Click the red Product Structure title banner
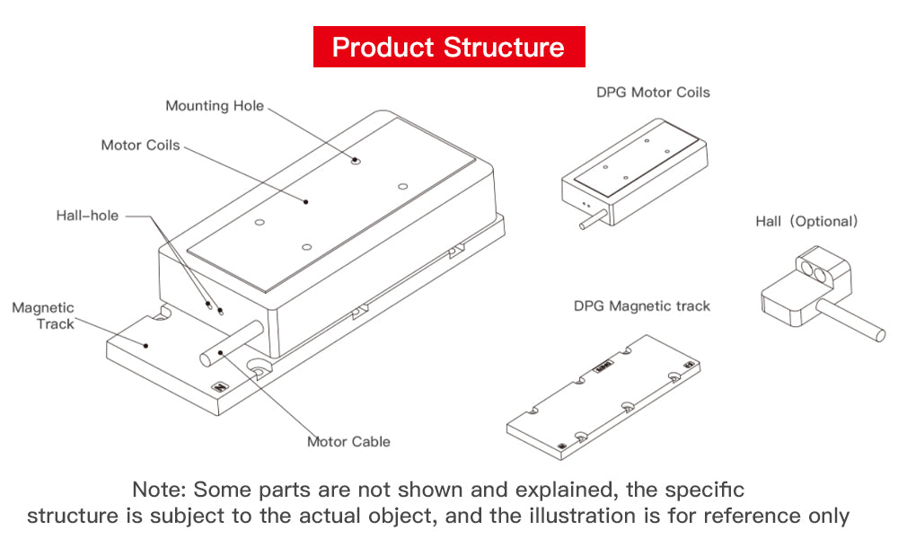(448, 47)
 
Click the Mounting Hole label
(215, 106)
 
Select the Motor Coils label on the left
(140, 145)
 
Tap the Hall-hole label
(87, 216)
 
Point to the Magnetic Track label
(43, 315)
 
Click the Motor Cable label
(348, 441)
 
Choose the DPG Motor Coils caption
(653, 92)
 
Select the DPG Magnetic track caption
(641, 306)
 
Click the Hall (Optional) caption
(806, 221)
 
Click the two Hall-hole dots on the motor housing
(215, 309)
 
